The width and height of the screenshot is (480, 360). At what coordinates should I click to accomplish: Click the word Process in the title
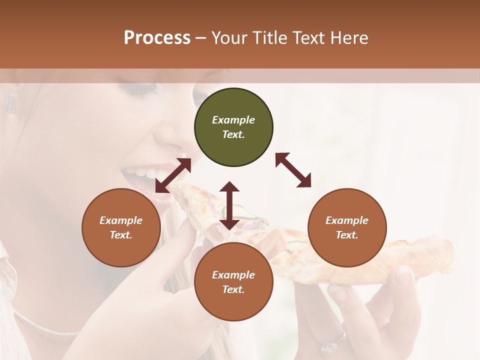tap(157, 38)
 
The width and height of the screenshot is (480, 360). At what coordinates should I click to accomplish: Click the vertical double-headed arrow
tap(229, 205)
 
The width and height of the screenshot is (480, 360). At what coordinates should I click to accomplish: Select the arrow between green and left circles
tap(173, 175)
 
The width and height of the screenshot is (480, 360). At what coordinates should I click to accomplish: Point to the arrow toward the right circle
tap(293, 170)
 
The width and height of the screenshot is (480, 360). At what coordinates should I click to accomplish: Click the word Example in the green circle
tap(233, 120)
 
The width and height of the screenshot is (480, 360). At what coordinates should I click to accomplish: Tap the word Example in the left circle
tap(121, 220)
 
